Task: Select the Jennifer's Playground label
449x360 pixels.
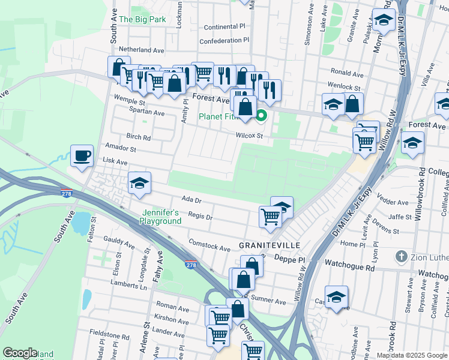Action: (161, 217)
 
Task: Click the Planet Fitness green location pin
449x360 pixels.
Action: (261, 116)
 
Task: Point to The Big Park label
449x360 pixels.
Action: (142, 19)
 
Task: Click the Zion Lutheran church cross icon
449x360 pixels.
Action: (402, 257)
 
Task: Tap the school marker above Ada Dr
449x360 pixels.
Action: (140, 183)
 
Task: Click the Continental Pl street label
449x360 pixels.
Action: (225, 27)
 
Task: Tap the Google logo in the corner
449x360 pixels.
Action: (20, 353)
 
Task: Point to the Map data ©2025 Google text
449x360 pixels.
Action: (412, 355)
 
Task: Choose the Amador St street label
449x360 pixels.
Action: (121, 148)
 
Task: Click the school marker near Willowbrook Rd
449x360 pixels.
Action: (412, 143)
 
